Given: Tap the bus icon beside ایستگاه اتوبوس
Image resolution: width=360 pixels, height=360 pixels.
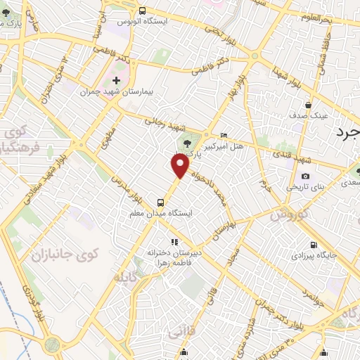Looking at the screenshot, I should [x=143, y=11].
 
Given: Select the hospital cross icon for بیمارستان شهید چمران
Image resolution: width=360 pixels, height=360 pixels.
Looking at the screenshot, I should [x=117, y=80].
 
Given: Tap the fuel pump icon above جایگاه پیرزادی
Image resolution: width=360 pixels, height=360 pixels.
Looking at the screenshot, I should [x=311, y=245].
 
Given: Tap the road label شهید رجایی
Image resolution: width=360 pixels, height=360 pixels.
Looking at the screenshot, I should [x=163, y=122].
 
